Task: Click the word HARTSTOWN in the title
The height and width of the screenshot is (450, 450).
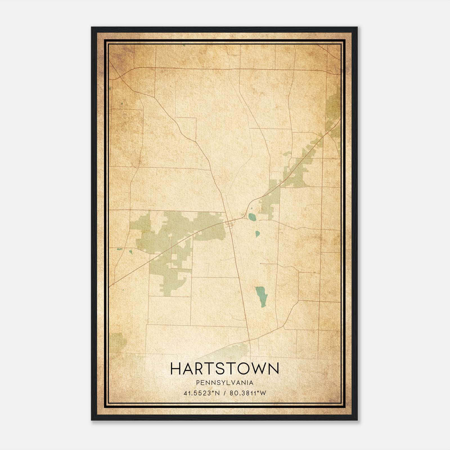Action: [224, 368]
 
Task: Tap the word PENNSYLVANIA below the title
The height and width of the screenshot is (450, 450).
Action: [225, 383]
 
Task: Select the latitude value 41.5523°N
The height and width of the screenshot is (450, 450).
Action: [201, 393]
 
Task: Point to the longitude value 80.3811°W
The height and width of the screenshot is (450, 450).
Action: [248, 393]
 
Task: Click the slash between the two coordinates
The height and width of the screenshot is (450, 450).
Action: [224, 393]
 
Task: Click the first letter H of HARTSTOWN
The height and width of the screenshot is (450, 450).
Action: [176, 368]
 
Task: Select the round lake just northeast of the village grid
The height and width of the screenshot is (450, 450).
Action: [252, 217]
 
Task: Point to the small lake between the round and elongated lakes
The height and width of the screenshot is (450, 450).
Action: [257, 234]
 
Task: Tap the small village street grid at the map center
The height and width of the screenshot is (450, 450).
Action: [230, 224]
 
